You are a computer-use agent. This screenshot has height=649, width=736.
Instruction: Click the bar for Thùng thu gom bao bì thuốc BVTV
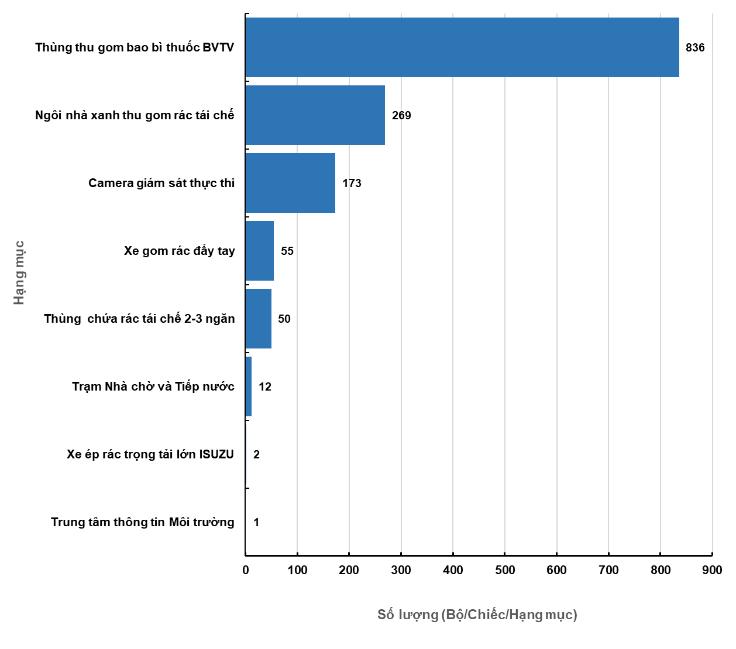[462, 47]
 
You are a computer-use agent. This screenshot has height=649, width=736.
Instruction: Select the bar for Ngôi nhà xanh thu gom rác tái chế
[315, 115]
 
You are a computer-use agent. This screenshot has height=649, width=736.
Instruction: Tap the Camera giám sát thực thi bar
[290, 183]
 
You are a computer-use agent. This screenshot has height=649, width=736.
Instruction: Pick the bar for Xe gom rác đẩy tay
[260, 251]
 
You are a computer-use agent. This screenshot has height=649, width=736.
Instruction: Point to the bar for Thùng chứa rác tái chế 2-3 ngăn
[259, 319]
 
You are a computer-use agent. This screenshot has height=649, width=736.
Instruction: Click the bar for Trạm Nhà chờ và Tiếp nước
[249, 386]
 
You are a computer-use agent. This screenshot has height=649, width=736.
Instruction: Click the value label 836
[695, 47]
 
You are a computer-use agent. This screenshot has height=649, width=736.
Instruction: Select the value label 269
[401, 115]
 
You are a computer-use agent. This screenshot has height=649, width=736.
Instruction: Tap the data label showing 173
[352, 183]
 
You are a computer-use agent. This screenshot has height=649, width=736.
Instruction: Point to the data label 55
[287, 251]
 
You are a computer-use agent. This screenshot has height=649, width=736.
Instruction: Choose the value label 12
[265, 386]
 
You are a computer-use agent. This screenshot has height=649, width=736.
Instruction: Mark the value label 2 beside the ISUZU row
[256, 454]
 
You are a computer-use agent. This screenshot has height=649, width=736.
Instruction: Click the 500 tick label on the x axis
[505, 570]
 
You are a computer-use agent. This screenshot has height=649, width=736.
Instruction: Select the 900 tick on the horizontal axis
[712, 570]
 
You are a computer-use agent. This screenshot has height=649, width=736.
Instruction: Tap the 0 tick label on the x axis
[246, 570]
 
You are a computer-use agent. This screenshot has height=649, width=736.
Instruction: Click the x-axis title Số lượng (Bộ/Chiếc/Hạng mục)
[477, 615]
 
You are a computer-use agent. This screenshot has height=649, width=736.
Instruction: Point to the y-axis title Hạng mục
[19, 272]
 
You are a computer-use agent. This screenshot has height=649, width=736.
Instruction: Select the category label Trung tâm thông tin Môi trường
[142, 522]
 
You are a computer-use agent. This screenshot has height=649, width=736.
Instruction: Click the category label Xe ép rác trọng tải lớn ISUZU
[150, 454]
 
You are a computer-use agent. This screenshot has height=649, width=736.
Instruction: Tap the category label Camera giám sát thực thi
[161, 183]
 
